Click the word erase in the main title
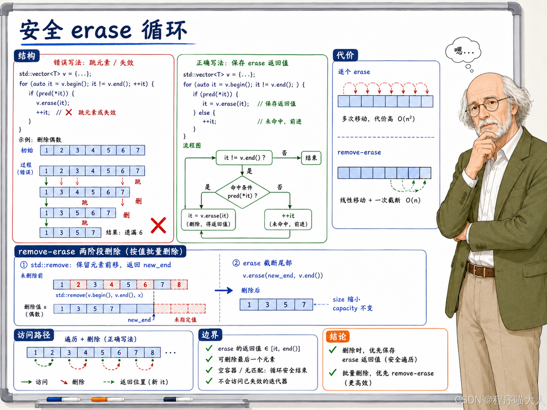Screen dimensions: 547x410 pos(101,31)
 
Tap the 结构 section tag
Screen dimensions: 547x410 pos(27,55)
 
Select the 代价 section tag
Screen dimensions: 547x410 pos(345,55)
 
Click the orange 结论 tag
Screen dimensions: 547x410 pos(338,336)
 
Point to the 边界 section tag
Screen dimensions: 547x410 pos(210,335)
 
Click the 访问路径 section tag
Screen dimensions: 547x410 pos(34,335)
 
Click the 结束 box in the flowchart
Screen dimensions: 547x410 pos(311,158)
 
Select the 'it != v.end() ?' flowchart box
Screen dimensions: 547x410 pos(244,157)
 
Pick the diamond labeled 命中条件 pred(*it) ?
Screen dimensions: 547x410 pos(242,192)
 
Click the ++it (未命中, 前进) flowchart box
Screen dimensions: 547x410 pos(288,220)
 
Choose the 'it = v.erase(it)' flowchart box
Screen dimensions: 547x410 pos(208,220)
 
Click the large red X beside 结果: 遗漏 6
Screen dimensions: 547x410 pos(158,225)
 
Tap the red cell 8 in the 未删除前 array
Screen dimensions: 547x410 pos(179,285)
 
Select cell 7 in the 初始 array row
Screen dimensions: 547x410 pos(138,150)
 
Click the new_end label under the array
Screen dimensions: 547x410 pos(139,320)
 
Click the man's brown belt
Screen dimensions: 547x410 pos(481,270)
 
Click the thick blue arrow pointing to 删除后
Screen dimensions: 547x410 pos(224,290)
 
